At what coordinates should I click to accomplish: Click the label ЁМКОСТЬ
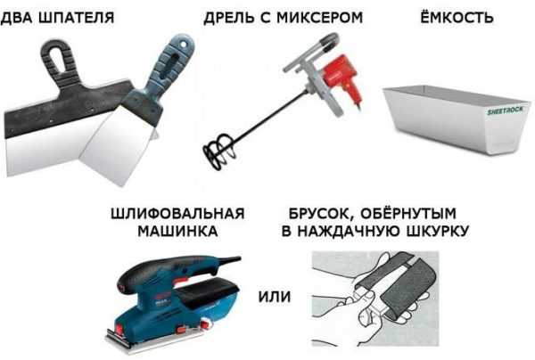457,17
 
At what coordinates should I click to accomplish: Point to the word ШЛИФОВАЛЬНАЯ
177,214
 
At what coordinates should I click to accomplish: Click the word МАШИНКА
177,231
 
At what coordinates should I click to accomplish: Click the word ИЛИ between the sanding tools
275,297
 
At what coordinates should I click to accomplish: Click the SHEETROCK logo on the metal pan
505,110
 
